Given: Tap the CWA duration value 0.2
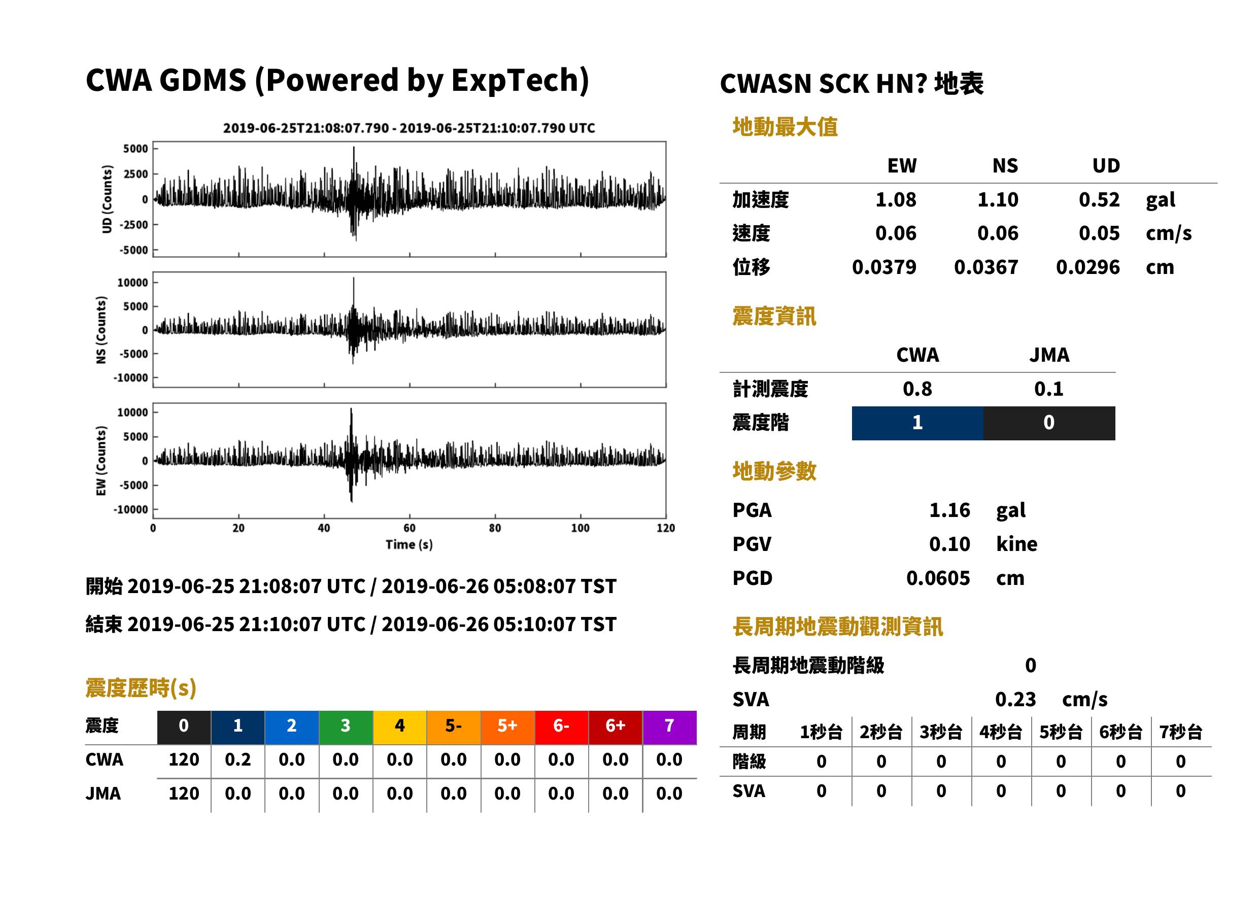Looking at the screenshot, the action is click(x=237, y=759).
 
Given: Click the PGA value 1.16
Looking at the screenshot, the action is click(x=949, y=510).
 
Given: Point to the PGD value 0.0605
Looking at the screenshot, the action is click(x=938, y=578).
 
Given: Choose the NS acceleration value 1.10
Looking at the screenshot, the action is click(x=998, y=199).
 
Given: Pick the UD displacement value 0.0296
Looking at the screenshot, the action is click(x=1088, y=267).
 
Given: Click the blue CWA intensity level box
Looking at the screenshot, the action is click(x=917, y=423).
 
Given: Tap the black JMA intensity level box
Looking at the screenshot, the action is click(x=1049, y=423).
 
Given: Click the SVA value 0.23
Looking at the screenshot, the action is click(x=1015, y=699).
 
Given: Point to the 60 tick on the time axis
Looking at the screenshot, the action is click(x=409, y=528).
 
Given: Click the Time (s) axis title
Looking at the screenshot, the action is click(x=409, y=545).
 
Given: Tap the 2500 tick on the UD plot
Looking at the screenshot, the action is click(x=135, y=174).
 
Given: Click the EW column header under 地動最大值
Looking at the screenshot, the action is click(x=902, y=165).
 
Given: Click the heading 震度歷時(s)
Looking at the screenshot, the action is click(x=141, y=688).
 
